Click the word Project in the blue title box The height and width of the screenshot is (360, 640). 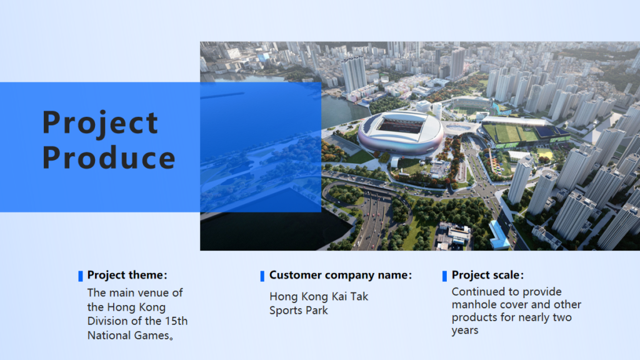(100, 122)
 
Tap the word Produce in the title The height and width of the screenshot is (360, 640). (109, 157)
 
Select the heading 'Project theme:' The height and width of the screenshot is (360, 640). (127, 275)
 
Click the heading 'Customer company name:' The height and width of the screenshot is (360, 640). (341, 275)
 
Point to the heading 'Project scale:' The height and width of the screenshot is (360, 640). (487, 275)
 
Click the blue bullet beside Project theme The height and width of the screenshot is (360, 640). (81, 276)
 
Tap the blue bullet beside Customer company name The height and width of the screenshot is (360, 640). (262, 276)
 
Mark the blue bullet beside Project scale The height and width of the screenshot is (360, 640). (444, 276)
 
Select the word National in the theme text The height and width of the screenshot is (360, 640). (107, 336)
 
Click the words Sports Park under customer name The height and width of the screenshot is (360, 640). (298, 311)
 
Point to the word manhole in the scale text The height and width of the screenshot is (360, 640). (472, 304)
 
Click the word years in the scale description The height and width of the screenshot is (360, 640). (465, 331)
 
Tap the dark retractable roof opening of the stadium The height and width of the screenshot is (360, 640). (401, 124)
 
